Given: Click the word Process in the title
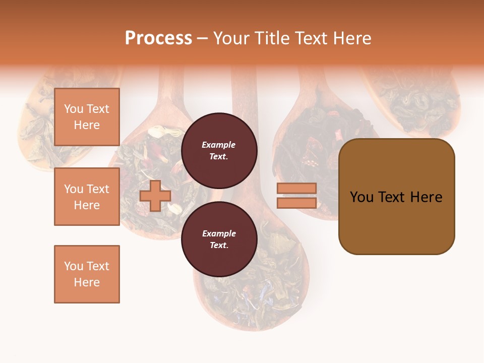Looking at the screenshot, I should [158, 38].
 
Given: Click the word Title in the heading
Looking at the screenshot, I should [272, 38].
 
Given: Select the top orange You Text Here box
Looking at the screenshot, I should [87, 117].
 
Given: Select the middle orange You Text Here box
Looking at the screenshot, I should [87, 197].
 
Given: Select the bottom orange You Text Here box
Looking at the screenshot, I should [87, 274].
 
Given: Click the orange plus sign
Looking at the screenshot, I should [155, 196].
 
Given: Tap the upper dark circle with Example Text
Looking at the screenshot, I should [219, 150].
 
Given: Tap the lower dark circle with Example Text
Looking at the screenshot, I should [219, 239].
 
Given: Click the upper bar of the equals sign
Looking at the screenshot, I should [296, 188].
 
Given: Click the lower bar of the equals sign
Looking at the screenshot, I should [296, 203].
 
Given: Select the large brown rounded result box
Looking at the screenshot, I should [396, 196].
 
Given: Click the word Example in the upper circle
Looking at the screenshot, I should [219, 145].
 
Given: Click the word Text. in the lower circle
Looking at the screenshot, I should [219, 245].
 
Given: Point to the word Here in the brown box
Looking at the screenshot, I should [426, 197].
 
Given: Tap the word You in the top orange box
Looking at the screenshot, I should [74, 109].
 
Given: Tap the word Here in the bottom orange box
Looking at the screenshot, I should [87, 282].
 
